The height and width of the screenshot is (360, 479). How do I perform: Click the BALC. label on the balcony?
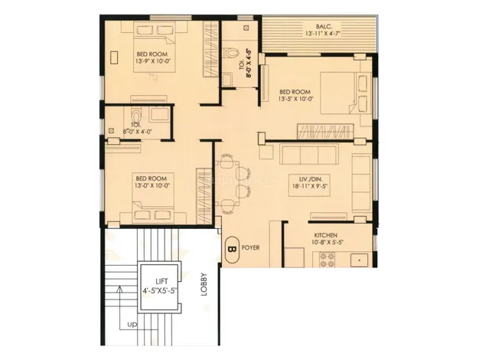pyautogui.click(x=322, y=27)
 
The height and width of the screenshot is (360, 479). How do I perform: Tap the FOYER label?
pyautogui.click(x=251, y=247)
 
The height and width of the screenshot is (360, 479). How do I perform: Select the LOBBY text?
pyautogui.click(x=204, y=284)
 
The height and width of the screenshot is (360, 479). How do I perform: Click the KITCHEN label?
pyautogui.click(x=326, y=235)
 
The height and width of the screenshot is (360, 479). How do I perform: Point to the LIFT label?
pyautogui.click(x=161, y=281)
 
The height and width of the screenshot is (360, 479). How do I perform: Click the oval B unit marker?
pyautogui.click(x=232, y=249)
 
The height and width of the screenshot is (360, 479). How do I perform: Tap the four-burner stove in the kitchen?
pyautogui.click(x=327, y=260)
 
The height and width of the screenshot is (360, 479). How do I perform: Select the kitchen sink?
pyautogui.click(x=359, y=260)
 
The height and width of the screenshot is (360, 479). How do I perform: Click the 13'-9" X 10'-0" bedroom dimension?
pyautogui.click(x=152, y=61)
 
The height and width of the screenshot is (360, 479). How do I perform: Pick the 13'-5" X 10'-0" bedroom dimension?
pyautogui.click(x=295, y=99)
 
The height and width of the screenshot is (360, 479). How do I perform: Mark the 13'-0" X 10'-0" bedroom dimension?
pyautogui.click(x=152, y=185)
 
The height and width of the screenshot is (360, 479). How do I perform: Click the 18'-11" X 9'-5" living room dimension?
pyautogui.click(x=310, y=185)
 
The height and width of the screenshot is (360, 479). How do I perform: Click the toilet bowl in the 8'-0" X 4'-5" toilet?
pyautogui.click(x=230, y=53)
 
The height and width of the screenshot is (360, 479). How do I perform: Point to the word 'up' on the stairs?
pyautogui.click(x=132, y=324)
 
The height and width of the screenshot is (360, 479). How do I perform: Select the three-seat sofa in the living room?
pyautogui.click(x=309, y=155)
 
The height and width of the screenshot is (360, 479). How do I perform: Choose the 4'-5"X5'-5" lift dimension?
pyautogui.click(x=161, y=290)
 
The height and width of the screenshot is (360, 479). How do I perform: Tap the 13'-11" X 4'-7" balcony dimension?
pyautogui.click(x=323, y=34)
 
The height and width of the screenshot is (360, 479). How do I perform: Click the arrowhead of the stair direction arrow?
pyautogui.click(x=120, y=289)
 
